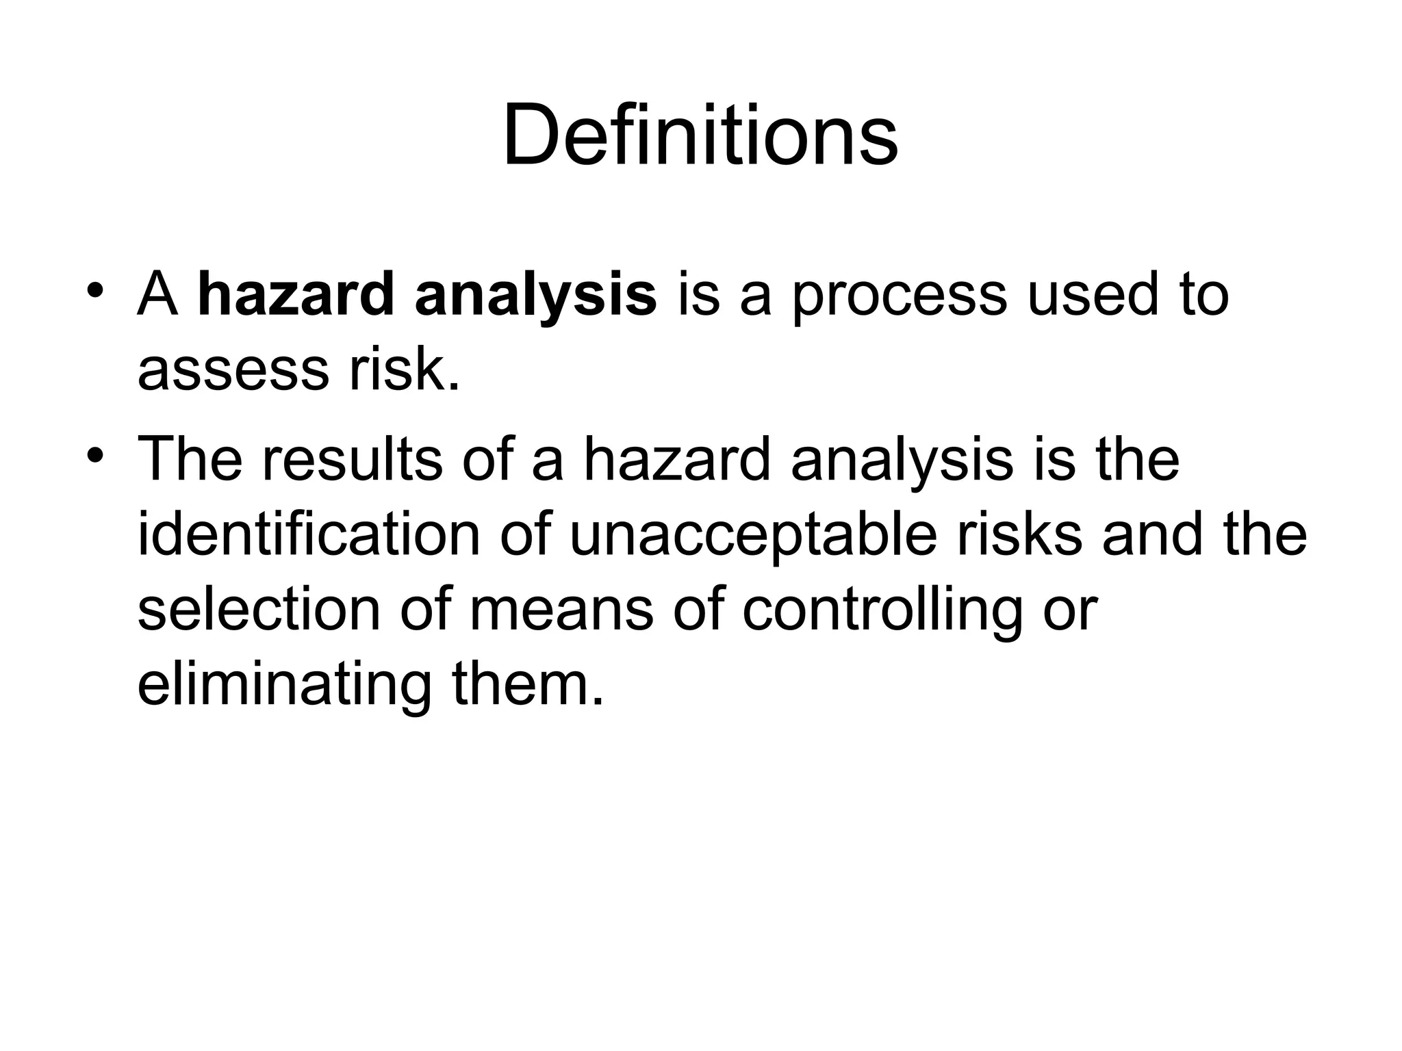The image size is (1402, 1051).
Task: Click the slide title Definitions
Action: (x=700, y=134)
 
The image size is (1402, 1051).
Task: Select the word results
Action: (x=351, y=459)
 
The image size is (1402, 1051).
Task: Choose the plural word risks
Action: (x=1020, y=534)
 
